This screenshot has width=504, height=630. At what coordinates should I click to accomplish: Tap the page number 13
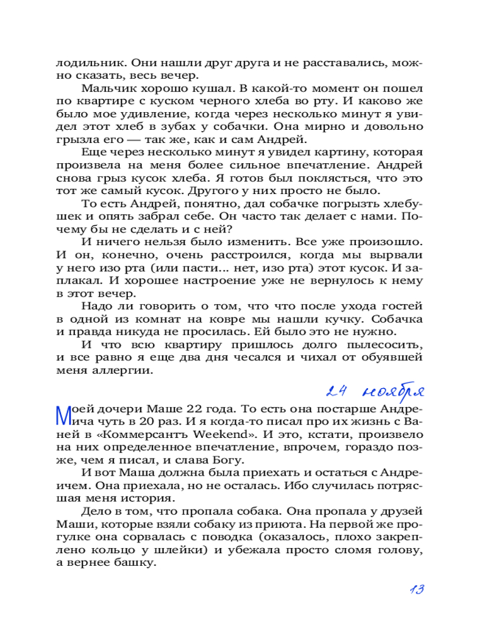pyautogui.click(x=415, y=590)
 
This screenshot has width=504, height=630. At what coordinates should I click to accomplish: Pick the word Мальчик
pyautogui.click(x=105, y=89)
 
